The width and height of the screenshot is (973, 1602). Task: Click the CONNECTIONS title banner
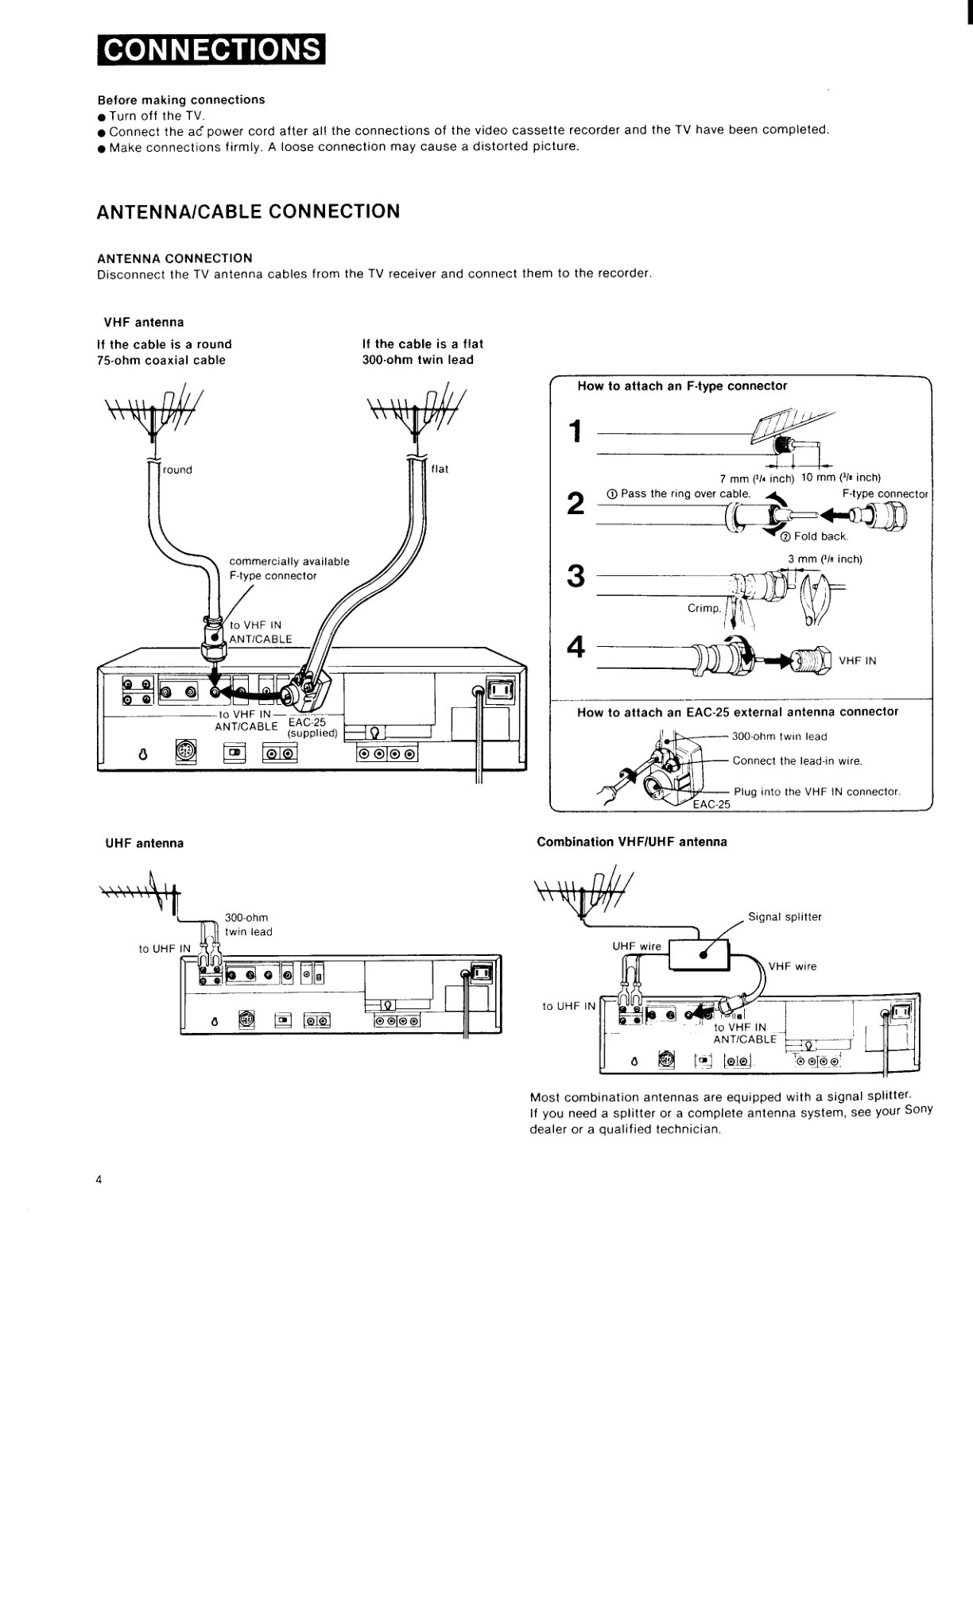point(211,51)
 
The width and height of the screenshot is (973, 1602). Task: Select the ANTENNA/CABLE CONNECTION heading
point(248,211)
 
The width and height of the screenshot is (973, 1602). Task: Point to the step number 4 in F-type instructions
point(576,648)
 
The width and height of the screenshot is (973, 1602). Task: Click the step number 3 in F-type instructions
point(576,576)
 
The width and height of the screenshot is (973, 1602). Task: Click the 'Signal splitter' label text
point(785,917)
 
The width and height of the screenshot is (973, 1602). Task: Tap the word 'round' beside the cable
point(177,470)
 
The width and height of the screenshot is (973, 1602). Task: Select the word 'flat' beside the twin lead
point(440,469)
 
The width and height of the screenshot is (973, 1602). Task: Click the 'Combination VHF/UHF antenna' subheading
point(632,842)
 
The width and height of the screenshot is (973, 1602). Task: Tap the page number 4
point(99,1180)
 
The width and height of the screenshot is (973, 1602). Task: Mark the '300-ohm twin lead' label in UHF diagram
point(248,925)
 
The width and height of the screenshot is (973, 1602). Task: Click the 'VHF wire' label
point(793,967)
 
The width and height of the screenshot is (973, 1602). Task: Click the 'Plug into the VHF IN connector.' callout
point(817,791)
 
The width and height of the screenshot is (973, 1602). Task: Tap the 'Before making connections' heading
point(181,100)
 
